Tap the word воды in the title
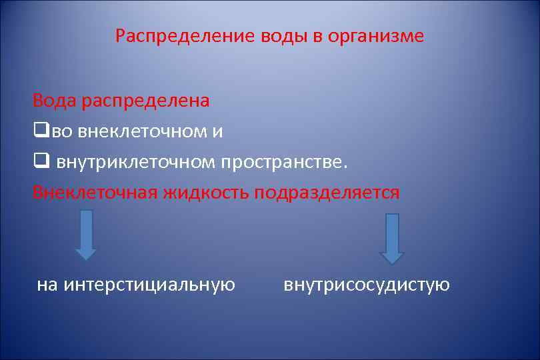284,36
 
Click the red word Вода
55,101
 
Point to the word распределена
146,101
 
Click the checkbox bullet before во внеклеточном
38,131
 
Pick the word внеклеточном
143,131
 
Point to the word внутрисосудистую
367,285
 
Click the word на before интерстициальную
47,285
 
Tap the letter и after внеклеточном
218,131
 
